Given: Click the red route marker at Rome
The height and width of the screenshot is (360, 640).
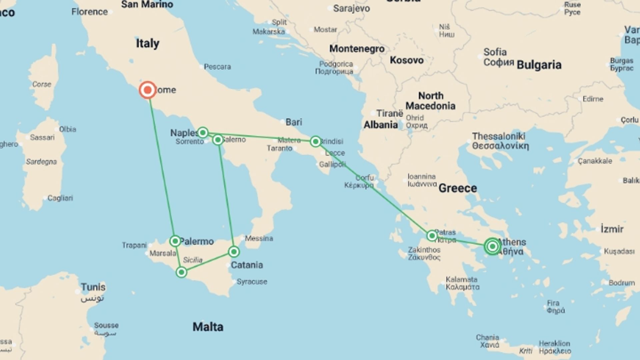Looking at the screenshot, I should [x=147, y=90].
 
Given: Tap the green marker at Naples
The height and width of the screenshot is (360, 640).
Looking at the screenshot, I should [x=203, y=133].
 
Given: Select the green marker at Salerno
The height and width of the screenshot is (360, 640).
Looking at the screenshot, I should [x=218, y=140].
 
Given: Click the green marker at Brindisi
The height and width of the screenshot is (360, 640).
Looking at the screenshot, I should [x=315, y=141].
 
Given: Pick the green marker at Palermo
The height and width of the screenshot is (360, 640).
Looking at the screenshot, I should [x=175, y=241].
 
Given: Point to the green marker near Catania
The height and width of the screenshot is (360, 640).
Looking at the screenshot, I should [x=234, y=252].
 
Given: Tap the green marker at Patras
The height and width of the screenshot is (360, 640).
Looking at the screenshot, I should [x=432, y=236].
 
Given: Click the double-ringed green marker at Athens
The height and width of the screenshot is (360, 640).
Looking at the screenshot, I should [x=492, y=246].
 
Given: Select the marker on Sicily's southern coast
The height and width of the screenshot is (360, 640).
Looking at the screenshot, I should [x=181, y=272].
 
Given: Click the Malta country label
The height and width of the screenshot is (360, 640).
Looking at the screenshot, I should [x=208, y=327].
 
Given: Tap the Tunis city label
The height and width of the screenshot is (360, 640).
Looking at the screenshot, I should [x=93, y=287].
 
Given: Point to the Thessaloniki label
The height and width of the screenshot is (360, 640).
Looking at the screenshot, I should [x=499, y=136].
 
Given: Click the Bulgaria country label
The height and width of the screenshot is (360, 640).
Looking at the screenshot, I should [x=539, y=65].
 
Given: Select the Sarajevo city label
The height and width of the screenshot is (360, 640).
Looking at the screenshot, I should [x=351, y=9].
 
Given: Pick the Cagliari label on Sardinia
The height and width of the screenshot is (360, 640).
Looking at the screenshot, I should [x=60, y=198].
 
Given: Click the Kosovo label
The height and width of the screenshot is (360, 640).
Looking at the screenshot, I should [x=407, y=60].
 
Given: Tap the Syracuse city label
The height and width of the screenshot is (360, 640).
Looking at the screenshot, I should [x=252, y=282].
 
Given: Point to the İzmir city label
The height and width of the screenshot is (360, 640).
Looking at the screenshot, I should [x=612, y=229].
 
